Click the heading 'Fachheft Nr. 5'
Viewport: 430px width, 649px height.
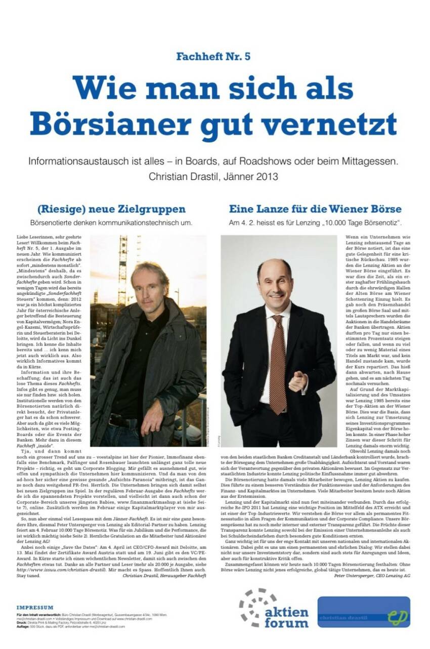point(213,57)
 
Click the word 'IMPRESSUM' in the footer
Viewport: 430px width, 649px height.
point(34,608)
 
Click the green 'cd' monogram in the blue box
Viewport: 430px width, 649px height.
point(398,618)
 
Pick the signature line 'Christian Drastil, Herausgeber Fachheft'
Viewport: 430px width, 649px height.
point(164,575)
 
